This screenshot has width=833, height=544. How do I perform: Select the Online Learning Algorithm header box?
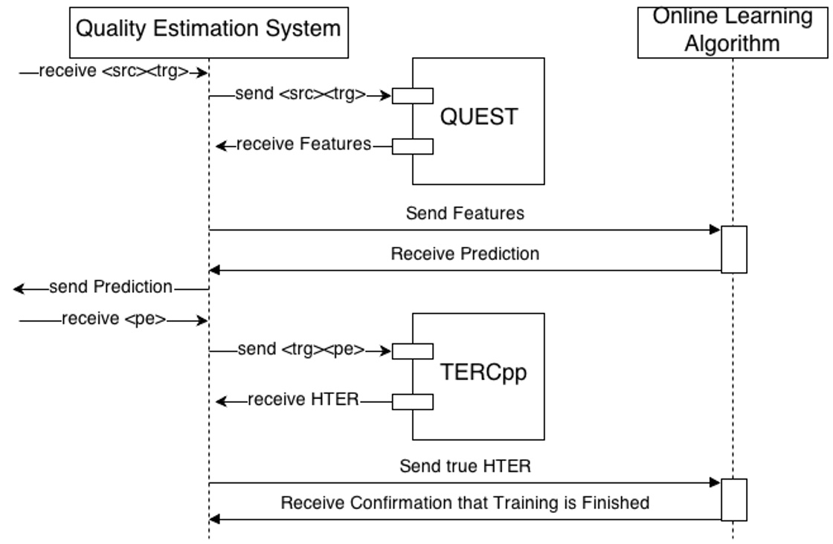pyautogui.click(x=732, y=31)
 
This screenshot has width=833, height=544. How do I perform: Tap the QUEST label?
pyautogui.click(x=480, y=117)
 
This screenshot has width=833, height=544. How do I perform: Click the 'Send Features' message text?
pyautogui.click(x=465, y=214)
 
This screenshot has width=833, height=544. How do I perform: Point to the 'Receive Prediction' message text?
pyautogui.click(x=465, y=254)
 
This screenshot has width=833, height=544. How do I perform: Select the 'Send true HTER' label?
pyautogui.click(x=465, y=467)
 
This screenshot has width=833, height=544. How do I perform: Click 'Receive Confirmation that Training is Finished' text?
pyautogui.click(x=465, y=503)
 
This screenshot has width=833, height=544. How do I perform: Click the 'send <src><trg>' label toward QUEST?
pyautogui.click(x=300, y=94)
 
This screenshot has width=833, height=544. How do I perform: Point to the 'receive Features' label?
pyautogui.click(x=303, y=145)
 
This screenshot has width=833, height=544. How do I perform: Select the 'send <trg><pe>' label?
pyautogui.click(x=301, y=350)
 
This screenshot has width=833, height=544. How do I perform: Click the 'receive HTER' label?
pyautogui.click(x=303, y=401)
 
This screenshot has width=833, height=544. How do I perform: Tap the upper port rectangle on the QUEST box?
pyautogui.click(x=413, y=95)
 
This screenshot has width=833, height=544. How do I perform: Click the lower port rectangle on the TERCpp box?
pyautogui.click(x=413, y=402)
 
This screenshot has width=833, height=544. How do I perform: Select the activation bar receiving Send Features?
pyautogui.click(x=734, y=249)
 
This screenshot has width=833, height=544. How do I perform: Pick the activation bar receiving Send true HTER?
pyautogui.click(x=734, y=499)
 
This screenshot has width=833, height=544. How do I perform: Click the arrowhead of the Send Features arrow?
pyautogui.click(x=715, y=230)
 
